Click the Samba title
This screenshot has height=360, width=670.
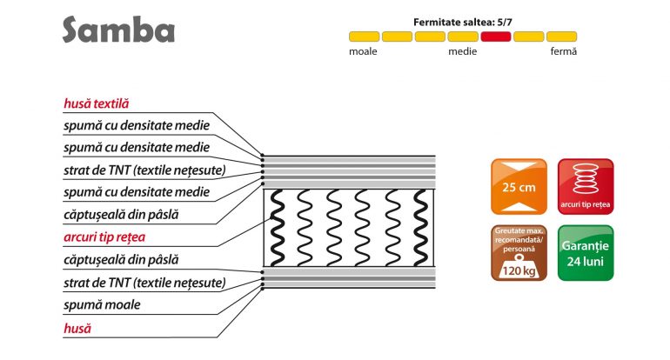point(118,30)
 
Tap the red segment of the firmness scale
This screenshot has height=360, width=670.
point(496,37)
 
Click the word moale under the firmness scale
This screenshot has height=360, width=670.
point(363,51)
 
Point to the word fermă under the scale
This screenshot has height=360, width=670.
point(563,51)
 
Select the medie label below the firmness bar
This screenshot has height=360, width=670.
point(462,51)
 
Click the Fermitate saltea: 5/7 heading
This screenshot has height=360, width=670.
point(462,23)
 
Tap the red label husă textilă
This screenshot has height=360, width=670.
point(96,103)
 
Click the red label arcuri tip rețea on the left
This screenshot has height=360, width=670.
point(104,237)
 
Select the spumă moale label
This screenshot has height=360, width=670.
point(102,305)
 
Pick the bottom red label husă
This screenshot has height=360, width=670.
point(77,329)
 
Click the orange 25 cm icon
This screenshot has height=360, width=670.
point(519,187)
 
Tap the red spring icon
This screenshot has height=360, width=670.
point(586,187)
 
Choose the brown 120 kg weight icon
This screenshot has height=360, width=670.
point(519,253)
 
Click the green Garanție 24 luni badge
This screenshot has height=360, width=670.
point(586,253)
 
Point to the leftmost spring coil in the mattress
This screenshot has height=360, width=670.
point(277,228)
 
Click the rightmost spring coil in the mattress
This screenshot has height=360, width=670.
point(420,228)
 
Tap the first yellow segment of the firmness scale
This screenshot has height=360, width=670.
point(364,37)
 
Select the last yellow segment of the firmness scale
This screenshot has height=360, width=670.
point(561,37)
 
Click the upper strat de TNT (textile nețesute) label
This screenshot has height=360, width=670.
point(144,170)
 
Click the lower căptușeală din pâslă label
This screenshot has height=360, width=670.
point(121,260)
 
